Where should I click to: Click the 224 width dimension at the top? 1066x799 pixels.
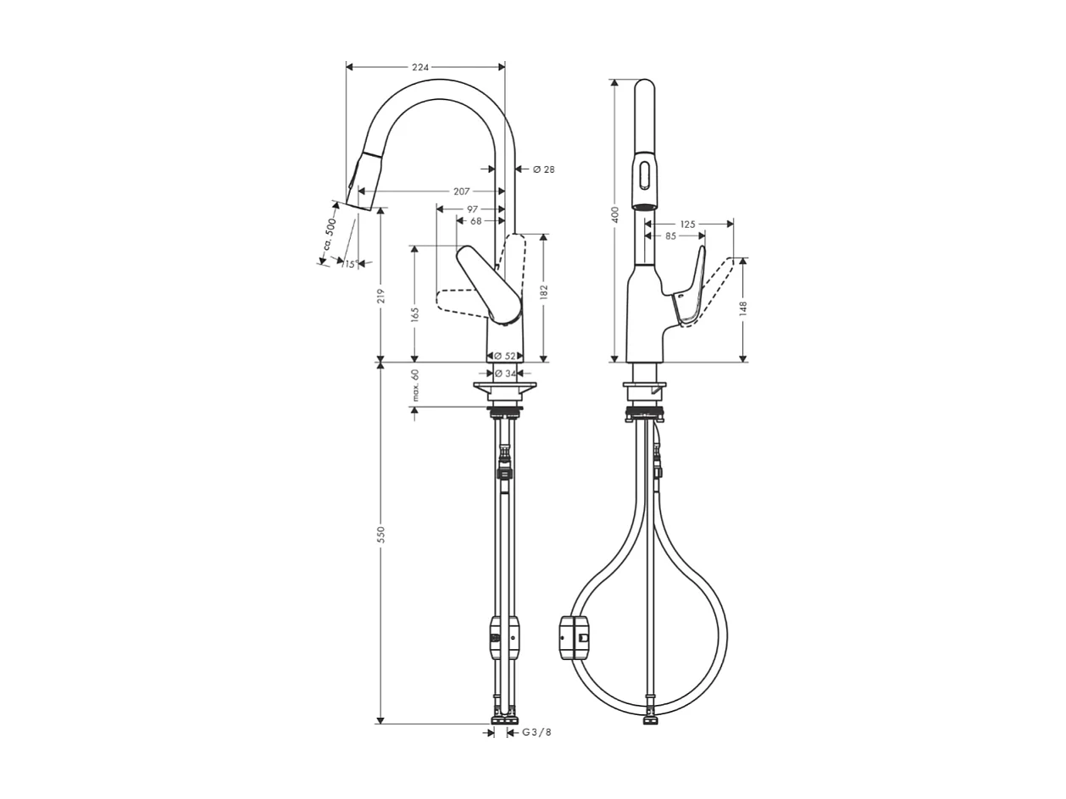click(x=421, y=67)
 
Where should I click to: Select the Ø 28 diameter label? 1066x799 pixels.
click(x=543, y=169)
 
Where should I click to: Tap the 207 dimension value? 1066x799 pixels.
click(x=461, y=191)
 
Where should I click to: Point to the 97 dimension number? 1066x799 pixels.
click(x=472, y=209)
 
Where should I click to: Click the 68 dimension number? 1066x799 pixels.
click(x=475, y=221)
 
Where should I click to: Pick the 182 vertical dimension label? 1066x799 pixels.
click(x=544, y=292)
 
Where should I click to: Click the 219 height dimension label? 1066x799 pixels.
click(x=381, y=296)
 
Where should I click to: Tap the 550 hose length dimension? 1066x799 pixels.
click(x=381, y=534)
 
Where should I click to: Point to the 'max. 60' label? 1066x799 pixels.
click(x=415, y=385)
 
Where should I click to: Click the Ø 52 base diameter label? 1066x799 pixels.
click(x=504, y=356)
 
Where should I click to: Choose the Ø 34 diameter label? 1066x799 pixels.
click(x=505, y=374)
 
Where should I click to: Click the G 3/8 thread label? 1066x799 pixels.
click(x=536, y=732)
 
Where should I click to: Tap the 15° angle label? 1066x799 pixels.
click(x=348, y=264)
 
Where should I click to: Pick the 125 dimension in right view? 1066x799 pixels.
click(x=687, y=225)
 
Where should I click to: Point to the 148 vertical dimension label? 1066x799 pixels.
click(x=743, y=307)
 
